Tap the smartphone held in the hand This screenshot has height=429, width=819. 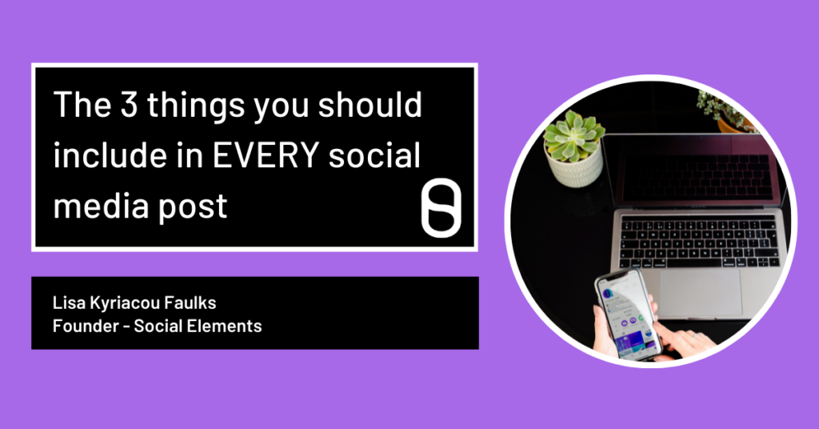click(628, 313)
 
